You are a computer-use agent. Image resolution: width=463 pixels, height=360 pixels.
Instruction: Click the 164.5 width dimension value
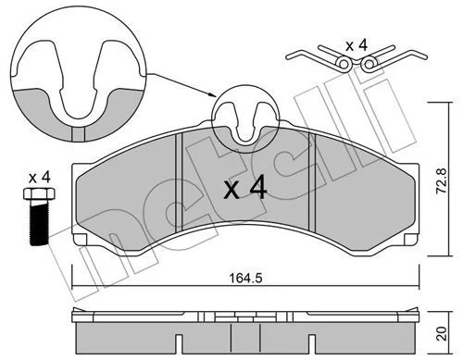pos(245,279)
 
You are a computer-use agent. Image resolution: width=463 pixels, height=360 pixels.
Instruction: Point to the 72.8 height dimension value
pos(442,180)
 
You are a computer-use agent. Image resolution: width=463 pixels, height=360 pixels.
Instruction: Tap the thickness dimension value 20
pos(443,334)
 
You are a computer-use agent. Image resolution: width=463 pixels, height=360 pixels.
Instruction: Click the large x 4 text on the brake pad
pos(245,187)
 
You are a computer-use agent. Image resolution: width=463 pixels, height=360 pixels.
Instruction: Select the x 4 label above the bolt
pos(39,178)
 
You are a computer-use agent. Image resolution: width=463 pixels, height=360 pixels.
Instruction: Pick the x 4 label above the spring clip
pos(357,45)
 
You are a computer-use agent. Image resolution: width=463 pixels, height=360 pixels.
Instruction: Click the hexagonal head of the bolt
pos(39,193)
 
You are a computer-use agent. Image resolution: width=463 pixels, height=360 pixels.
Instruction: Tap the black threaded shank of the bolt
pos(39,222)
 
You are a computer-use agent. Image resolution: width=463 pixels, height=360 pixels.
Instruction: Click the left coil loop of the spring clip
pos(344,64)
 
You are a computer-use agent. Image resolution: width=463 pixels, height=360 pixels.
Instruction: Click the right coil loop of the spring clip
pos(369,64)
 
